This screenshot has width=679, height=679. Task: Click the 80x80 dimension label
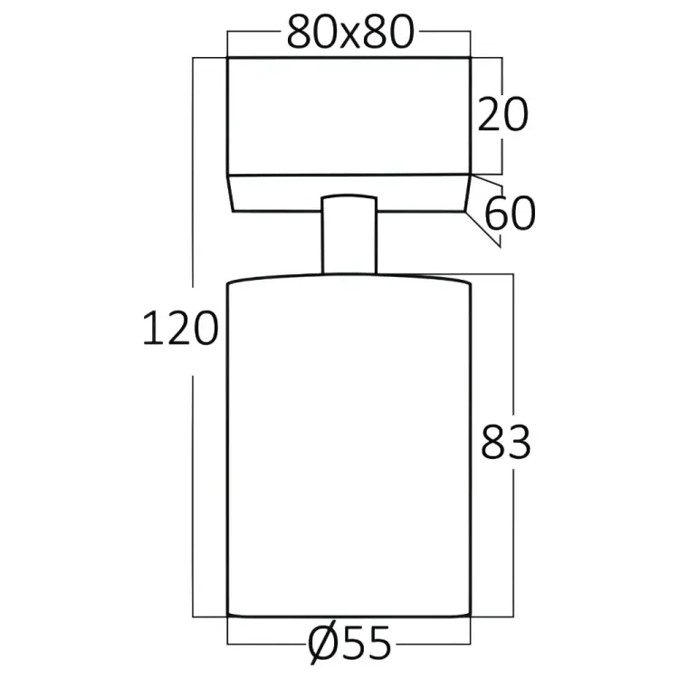pyautogui.click(x=350, y=33)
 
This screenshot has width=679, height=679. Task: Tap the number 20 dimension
pyautogui.click(x=502, y=114)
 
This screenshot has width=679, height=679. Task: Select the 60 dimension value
pyautogui.click(x=510, y=214)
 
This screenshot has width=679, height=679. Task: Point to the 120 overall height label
pyautogui.click(x=180, y=328)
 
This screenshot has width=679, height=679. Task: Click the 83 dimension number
pyautogui.click(x=506, y=442)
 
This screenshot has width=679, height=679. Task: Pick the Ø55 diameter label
pyautogui.click(x=349, y=644)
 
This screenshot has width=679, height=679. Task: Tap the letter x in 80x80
pyautogui.click(x=350, y=36)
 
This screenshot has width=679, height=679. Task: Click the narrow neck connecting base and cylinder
pyautogui.click(x=349, y=234)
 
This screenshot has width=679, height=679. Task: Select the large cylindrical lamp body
pyautogui.click(x=349, y=446)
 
